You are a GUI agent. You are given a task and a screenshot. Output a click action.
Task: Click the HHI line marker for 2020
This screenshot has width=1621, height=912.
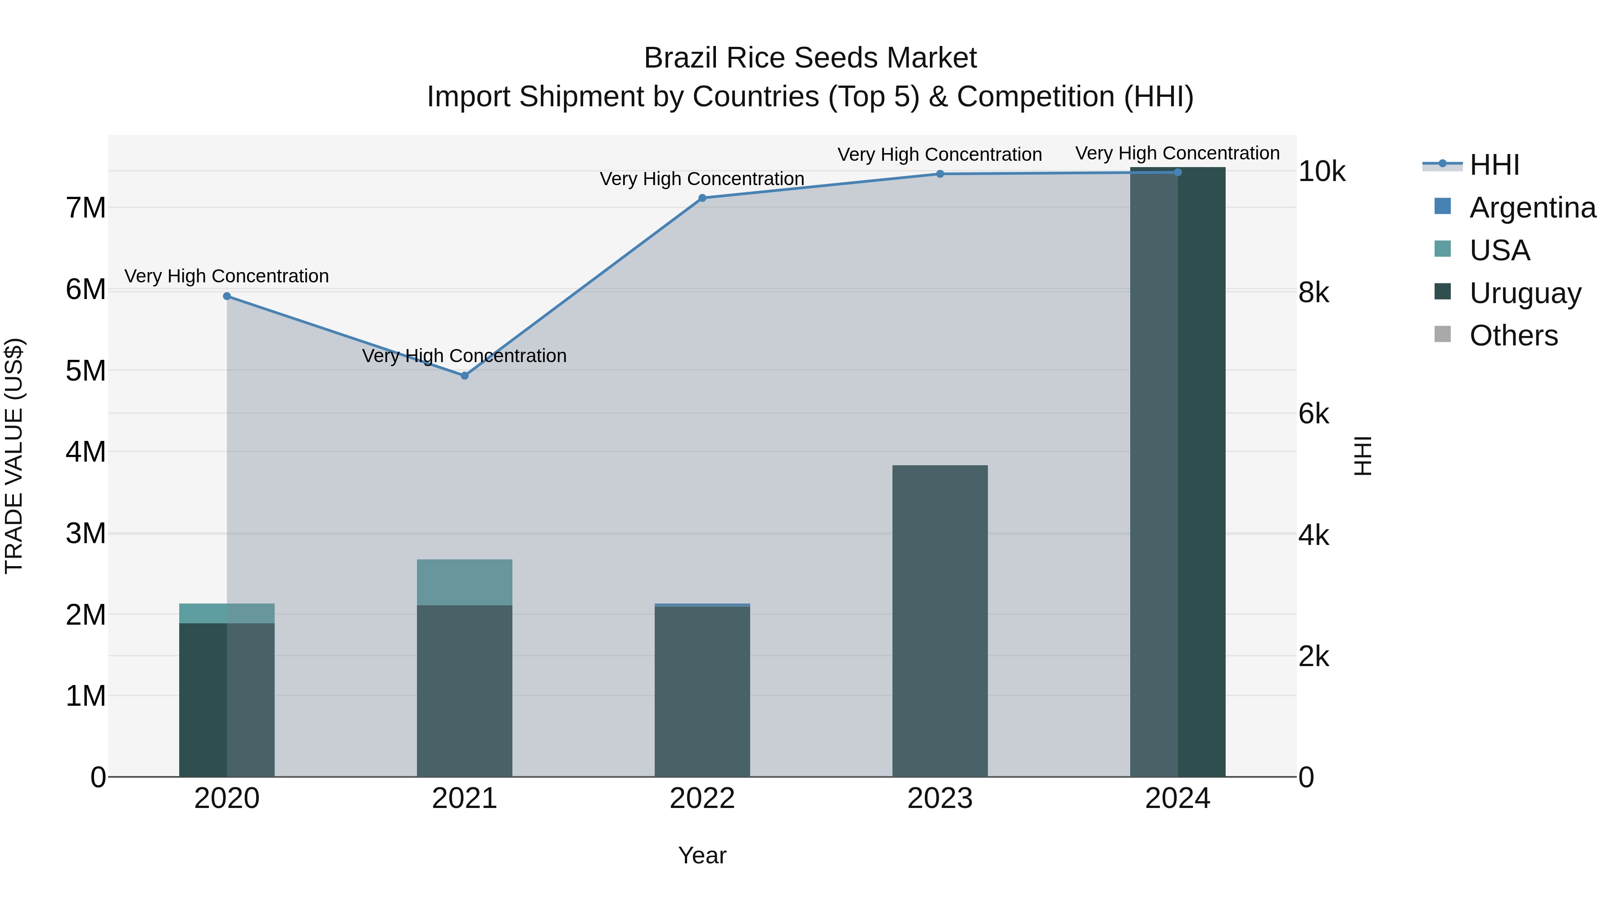click(x=227, y=296)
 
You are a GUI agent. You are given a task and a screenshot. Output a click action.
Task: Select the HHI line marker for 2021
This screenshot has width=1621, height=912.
click(x=464, y=376)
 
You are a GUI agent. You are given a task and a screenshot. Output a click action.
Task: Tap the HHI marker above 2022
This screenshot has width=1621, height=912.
click(x=702, y=198)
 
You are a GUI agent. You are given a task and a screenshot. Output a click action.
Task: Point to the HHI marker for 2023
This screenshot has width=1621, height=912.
click(x=940, y=174)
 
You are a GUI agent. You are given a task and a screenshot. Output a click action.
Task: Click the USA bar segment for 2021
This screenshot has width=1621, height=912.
click(x=464, y=582)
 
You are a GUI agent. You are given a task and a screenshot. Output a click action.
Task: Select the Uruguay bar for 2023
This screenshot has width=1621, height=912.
click(x=940, y=621)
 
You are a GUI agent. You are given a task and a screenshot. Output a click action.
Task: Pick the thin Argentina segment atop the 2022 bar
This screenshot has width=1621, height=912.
click(x=702, y=605)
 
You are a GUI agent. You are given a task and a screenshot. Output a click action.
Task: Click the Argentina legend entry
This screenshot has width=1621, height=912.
click(x=1532, y=208)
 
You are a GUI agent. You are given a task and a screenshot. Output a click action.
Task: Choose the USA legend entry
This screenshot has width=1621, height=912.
click(x=1499, y=250)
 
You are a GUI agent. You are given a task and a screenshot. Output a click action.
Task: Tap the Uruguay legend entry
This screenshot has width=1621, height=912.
click(x=1524, y=293)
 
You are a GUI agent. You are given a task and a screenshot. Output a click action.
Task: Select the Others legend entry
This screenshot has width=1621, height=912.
click(x=1513, y=336)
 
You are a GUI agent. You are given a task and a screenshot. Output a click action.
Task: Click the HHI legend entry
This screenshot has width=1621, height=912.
click(x=1494, y=165)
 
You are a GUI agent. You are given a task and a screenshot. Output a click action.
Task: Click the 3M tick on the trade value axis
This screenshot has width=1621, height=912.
click(x=86, y=534)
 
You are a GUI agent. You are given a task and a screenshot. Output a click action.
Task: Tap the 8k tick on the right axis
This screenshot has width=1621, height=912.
click(x=1314, y=293)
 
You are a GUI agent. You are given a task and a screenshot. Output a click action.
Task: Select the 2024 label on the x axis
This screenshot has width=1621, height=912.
click(x=1177, y=799)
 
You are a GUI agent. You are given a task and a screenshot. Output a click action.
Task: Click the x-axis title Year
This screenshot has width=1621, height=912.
click(x=702, y=855)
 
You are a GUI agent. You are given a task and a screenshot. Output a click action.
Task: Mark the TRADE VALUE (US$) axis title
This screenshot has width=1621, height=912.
click(x=14, y=456)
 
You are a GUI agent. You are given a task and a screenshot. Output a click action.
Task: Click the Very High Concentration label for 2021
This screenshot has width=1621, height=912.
click(x=464, y=356)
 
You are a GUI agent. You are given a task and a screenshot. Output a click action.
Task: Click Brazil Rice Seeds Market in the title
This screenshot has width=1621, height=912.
click(x=810, y=59)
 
